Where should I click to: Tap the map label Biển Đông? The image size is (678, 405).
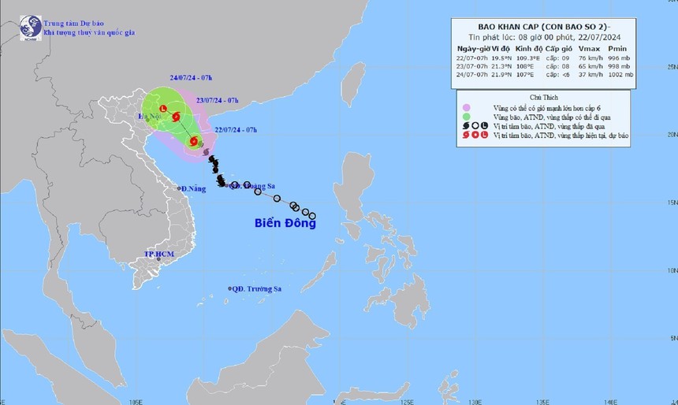pos(285,223)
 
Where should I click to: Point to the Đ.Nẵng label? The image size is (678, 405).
pos(193,189)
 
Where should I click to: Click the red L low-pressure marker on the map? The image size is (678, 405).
pos(163,109)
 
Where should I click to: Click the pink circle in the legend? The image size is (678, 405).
pos(466,106)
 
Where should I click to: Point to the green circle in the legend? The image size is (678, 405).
pos(466,116)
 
